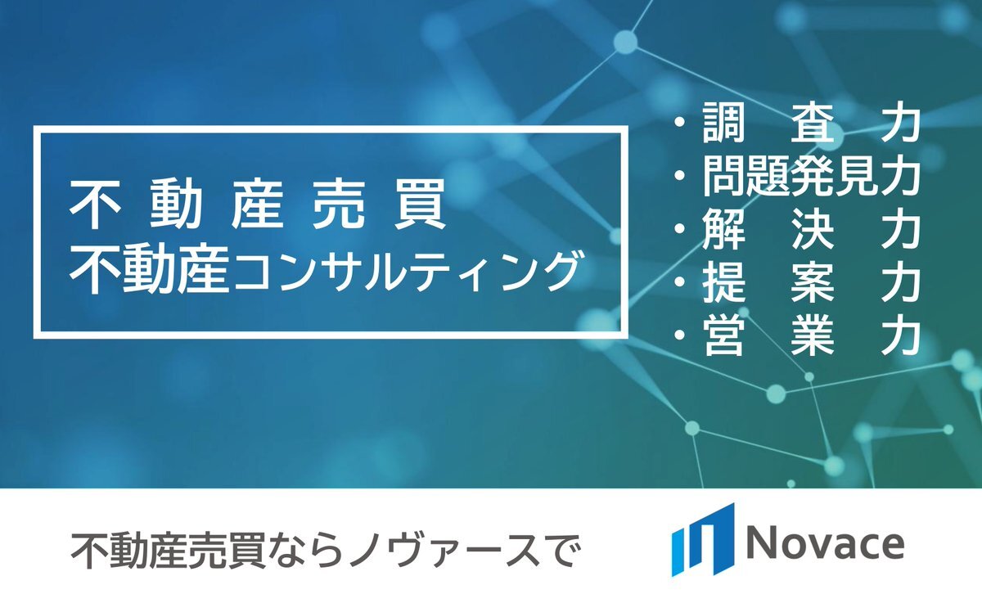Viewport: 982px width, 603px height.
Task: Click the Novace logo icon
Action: [x=702, y=540]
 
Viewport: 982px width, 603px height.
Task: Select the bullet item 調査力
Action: [x=796, y=124]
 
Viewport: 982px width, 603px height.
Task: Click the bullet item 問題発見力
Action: [x=796, y=176]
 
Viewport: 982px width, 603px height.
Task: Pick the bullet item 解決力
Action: [x=796, y=229]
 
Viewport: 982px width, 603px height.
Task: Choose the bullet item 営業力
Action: [x=796, y=335]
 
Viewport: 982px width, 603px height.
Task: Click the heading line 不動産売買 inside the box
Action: [x=258, y=205]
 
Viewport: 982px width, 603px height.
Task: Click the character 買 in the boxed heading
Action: [x=421, y=205]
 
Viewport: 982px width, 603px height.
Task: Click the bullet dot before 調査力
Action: [x=680, y=124]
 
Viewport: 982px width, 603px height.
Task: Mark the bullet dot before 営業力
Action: [x=680, y=335]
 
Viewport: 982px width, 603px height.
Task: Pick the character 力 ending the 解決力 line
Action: [x=899, y=229]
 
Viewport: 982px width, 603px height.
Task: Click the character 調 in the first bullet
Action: [x=723, y=124]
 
